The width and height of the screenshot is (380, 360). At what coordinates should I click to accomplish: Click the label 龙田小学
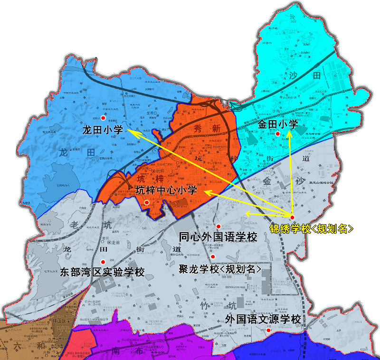[x=103, y=130]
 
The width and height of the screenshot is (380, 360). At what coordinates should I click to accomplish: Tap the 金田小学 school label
[x=278, y=124]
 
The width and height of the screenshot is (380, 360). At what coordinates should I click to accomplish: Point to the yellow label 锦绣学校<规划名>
[x=312, y=228]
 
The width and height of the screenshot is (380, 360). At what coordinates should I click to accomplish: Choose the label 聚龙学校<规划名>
[x=220, y=269]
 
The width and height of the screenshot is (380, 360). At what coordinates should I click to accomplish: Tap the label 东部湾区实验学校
[x=102, y=273]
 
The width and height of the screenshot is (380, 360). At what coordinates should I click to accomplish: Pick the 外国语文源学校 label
[x=263, y=319]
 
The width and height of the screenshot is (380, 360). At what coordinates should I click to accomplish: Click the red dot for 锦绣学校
[x=292, y=218]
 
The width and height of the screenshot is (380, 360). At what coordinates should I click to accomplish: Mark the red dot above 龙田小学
[x=103, y=118]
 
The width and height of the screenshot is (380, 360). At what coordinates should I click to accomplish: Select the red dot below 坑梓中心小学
[x=147, y=203]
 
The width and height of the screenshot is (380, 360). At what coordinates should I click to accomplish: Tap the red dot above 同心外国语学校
[x=218, y=226]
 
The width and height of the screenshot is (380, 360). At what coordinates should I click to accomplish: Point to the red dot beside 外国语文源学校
[x=268, y=331]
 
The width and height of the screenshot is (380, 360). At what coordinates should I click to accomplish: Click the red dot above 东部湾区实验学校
[x=104, y=261]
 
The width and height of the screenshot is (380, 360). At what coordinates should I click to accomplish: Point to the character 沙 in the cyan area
[x=291, y=75]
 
